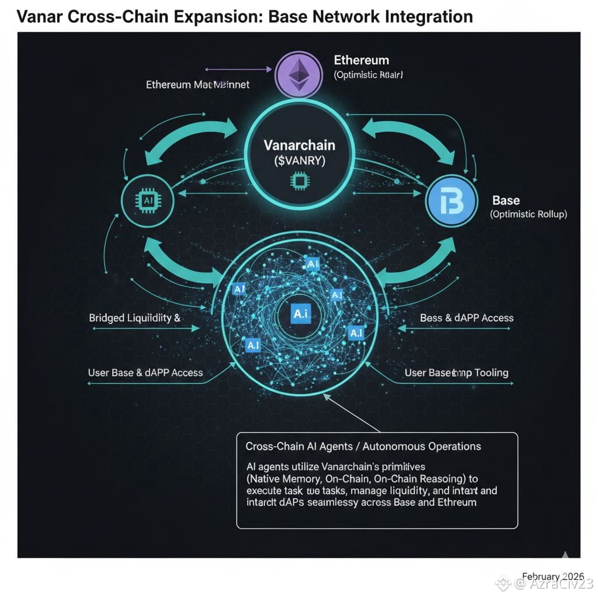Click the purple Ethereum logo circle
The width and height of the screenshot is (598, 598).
(298, 74)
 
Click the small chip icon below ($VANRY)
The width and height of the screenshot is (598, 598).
(300, 182)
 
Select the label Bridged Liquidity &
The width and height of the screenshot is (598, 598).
(134, 318)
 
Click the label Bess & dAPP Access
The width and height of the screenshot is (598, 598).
(467, 318)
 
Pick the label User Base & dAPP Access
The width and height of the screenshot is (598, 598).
(145, 373)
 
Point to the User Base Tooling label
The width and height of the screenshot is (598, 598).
(456, 373)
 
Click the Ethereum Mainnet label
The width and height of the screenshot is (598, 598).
(197, 85)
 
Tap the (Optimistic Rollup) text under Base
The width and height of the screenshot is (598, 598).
(529, 214)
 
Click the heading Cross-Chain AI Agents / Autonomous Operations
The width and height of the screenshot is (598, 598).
(363, 446)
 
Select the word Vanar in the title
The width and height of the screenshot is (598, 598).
(40, 16)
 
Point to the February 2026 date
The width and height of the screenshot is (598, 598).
(549, 576)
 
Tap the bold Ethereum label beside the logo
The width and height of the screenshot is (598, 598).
(361, 60)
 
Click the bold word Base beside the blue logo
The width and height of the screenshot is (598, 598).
(506, 200)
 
